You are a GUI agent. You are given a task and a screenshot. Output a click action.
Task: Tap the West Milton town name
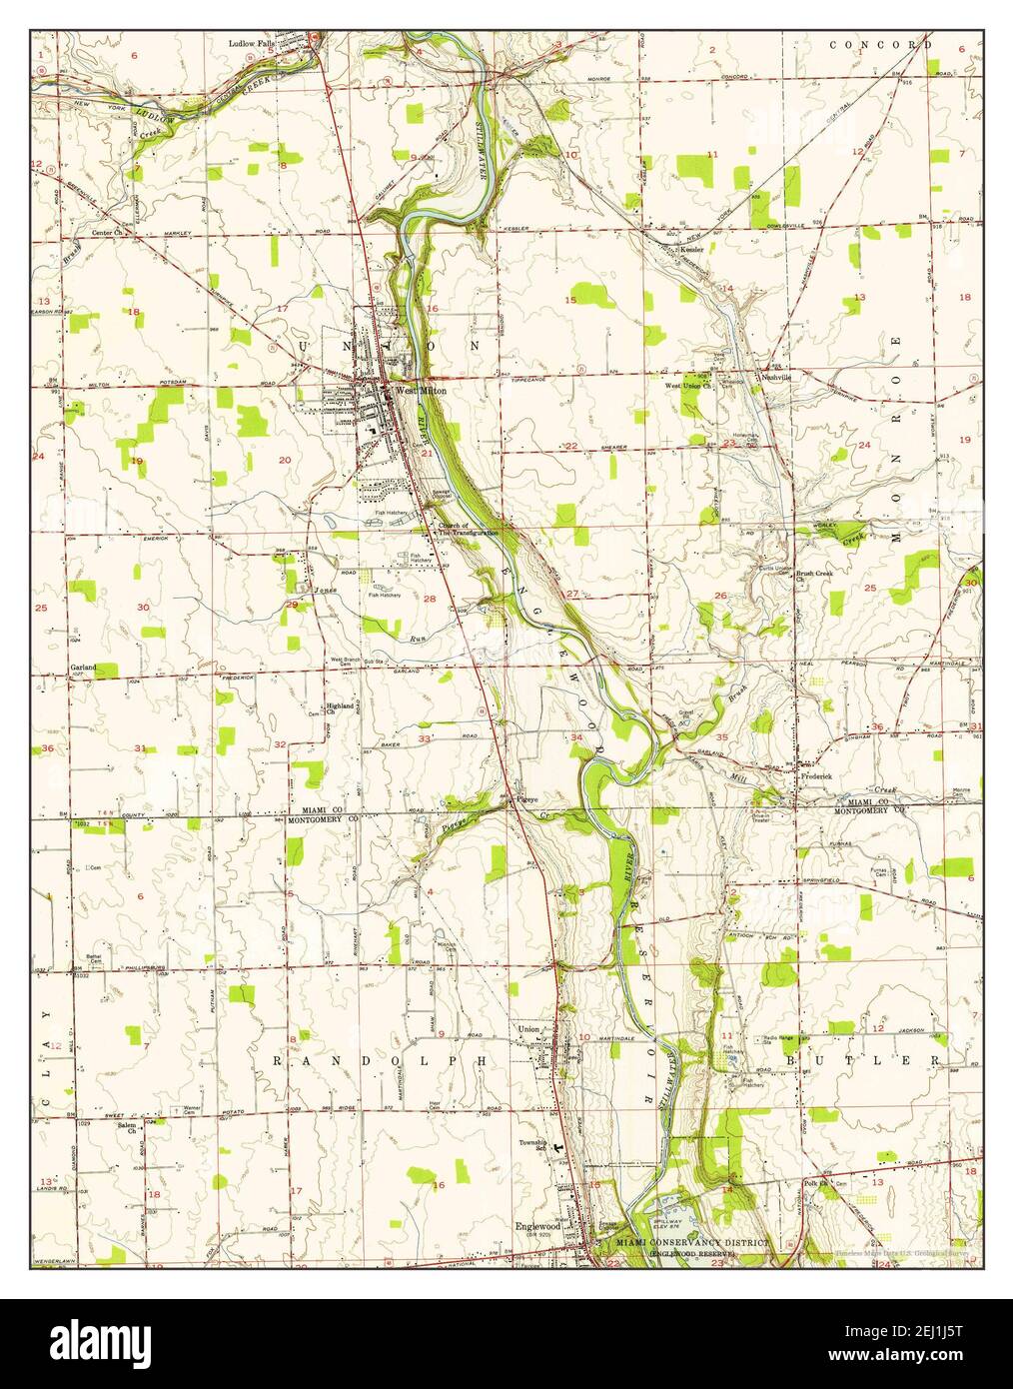(420, 391)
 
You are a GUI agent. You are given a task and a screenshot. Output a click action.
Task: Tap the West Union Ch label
(688, 384)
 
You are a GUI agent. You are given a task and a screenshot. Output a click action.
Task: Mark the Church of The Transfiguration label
(466, 530)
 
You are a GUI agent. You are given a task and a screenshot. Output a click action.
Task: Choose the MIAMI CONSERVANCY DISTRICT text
(695, 1242)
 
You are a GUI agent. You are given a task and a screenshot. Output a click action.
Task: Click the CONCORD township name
(880, 45)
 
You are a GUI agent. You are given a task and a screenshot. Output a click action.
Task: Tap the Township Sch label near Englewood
(532, 1145)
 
